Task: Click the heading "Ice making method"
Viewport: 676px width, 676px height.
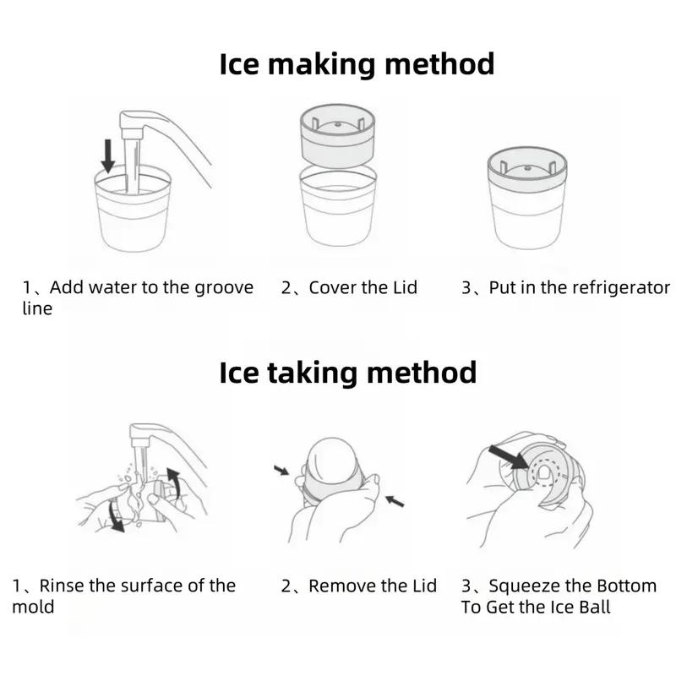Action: pyautogui.click(x=357, y=65)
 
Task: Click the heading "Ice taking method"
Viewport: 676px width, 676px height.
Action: pyautogui.click(x=348, y=373)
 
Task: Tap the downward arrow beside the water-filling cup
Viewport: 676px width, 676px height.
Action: pyautogui.click(x=107, y=155)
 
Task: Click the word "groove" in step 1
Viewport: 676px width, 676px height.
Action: pyautogui.click(x=224, y=288)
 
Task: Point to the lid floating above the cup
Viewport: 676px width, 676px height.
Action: pyautogui.click(x=337, y=135)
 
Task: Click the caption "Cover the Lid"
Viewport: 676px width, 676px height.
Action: pyautogui.click(x=363, y=287)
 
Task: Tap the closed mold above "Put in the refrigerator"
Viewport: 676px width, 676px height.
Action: pyautogui.click(x=526, y=199)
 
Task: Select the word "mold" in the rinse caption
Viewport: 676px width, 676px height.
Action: pyautogui.click(x=33, y=607)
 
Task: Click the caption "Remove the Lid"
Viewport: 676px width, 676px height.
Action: pyautogui.click(x=373, y=586)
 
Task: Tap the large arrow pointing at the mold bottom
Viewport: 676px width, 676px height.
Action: pyautogui.click(x=509, y=457)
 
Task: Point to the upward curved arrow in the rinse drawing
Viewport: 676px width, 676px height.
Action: pyautogui.click(x=174, y=481)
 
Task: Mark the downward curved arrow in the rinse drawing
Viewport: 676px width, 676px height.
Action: pyautogui.click(x=116, y=515)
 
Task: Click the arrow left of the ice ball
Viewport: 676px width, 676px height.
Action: pyautogui.click(x=281, y=470)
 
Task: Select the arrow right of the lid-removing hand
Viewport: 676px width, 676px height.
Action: pyautogui.click(x=395, y=501)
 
